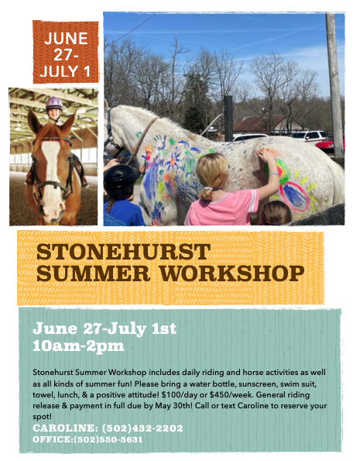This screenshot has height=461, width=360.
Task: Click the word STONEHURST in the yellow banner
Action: click(x=123, y=252)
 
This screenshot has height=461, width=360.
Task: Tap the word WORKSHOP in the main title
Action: click(x=231, y=274)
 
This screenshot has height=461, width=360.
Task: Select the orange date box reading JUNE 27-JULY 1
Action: click(x=66, y=52)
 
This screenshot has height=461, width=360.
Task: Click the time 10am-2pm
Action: click(x=78, y=346)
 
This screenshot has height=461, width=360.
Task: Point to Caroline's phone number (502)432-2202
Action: click(x=142, y=428)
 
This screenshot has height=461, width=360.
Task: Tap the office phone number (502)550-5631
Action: click(x=108, y=439)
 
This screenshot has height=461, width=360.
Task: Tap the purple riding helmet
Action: click(x=54, y=104)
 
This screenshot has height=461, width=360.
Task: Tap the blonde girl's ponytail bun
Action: click(x=207, y=194)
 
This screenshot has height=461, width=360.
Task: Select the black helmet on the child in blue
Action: click(x=119, y=177)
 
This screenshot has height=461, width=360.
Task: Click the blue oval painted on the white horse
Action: click(x=294, y=196)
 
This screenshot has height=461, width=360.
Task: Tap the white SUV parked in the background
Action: click(x=309, y=136)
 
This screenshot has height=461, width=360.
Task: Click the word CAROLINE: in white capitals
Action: click(x=66, y=428)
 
